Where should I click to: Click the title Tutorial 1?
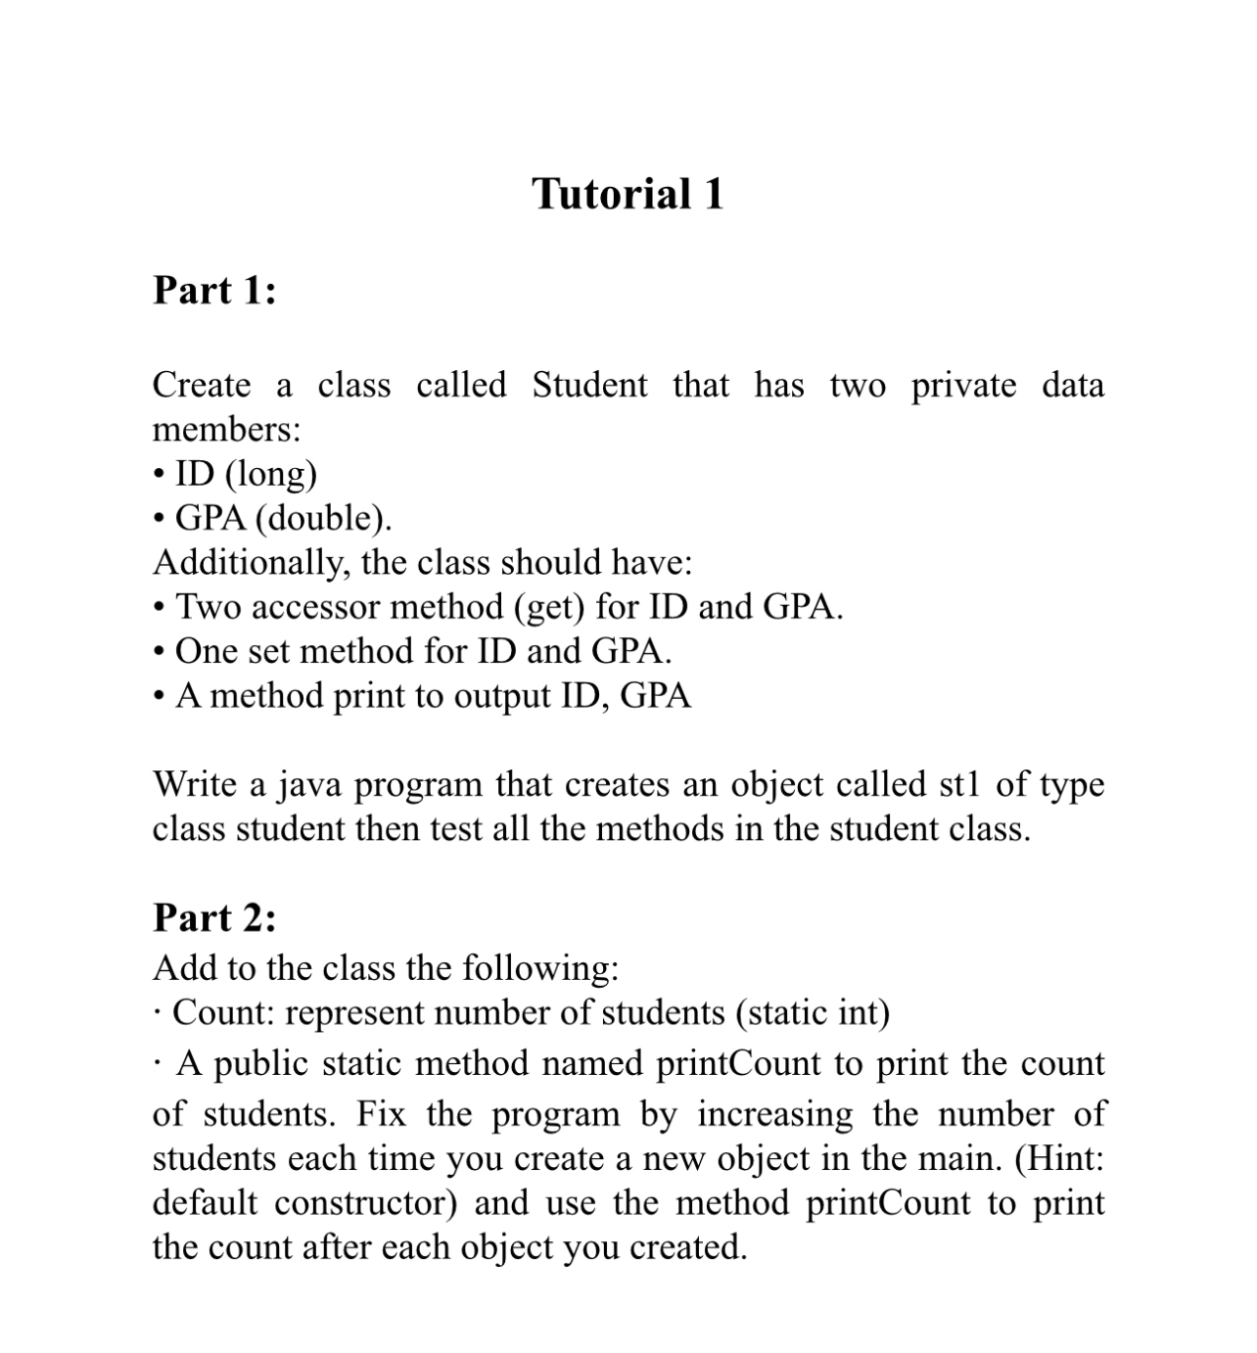[x=628, y=194]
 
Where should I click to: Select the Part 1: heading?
[x=214, y=291]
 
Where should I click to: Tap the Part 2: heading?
[x=214, y=918]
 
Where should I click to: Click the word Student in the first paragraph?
[x=589, y=385]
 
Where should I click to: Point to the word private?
[x=963, y=385]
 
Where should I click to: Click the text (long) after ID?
[x=271, y=474]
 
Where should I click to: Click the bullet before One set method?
[x=160, y=652]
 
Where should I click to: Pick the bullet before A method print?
[x=160, y=696]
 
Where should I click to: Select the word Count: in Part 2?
[x=224, y=1012]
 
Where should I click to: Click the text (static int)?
[x=813, y=1012]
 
